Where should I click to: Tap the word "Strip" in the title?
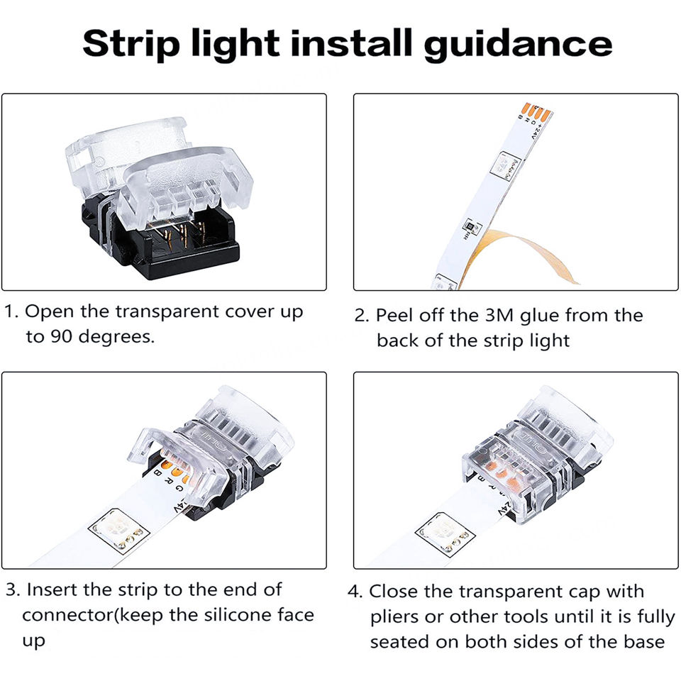[x=131, y=44]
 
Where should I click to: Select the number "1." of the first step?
[x=11, y=311]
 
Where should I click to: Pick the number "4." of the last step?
[x=355, y=592]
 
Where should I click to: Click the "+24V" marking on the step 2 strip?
[x=536, y=131]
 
